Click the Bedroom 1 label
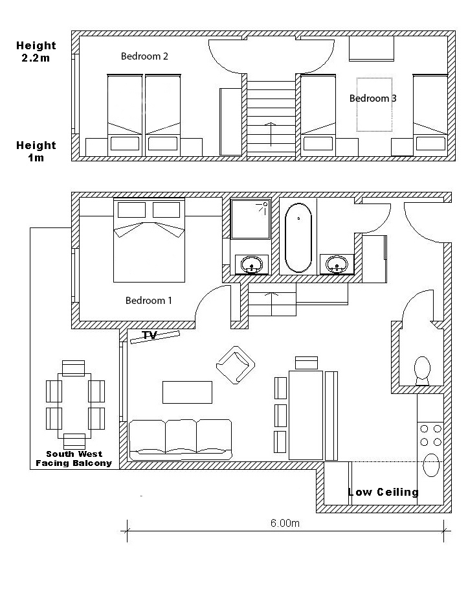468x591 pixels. coord(149,301)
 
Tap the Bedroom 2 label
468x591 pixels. coord(144,56)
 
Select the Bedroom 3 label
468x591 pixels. coord(373,98)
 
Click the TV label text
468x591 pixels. coord(150,335)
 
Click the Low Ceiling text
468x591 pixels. coord(383,492)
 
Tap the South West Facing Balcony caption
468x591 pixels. coord(74,459)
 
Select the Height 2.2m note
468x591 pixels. coord(36,51)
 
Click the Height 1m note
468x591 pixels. coord(36,151)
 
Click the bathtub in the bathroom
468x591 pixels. coord(298,238)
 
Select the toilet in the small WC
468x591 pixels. coord(422,369)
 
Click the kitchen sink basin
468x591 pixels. coord(431,465)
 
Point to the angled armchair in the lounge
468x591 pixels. coord(235,365)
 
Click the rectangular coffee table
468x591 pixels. coord(187,392)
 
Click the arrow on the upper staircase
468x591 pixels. coord(271,133)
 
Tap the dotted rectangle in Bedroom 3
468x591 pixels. coord(374,104)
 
